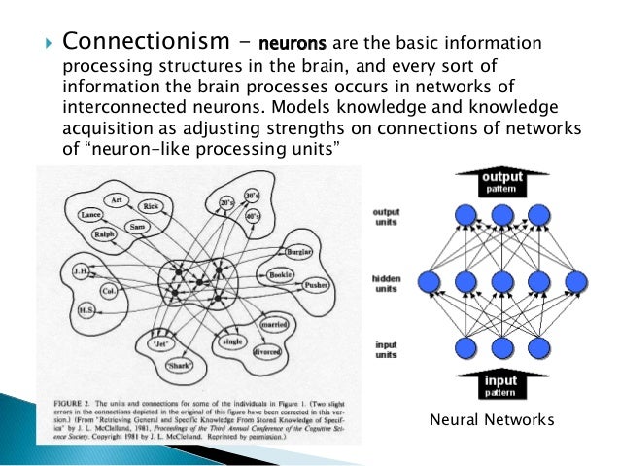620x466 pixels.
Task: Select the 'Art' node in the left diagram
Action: pyautogui.click(x=116, y=199)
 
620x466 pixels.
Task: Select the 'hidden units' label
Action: pyautogui.click(x=386, y=283)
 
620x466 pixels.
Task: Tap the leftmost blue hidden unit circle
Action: pyautogui.click(x=431, y=282)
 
